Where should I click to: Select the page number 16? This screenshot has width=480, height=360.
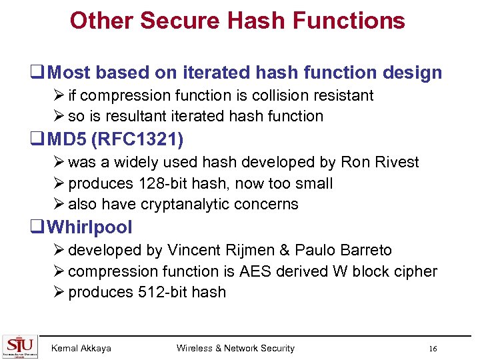point(433,349)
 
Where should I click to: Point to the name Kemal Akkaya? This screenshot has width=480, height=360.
point(81,348)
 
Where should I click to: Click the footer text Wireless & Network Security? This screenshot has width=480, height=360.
point(235,348)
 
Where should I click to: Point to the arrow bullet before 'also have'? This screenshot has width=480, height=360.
point(61,204)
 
